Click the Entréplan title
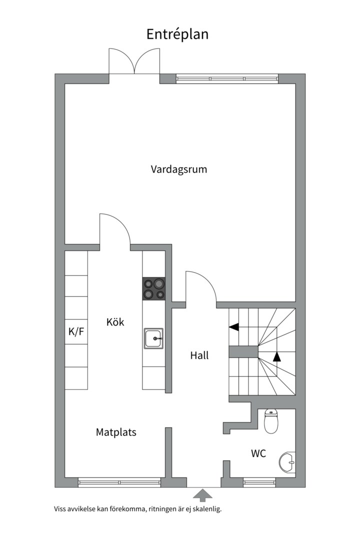pyautogui.click(x=177, y=34)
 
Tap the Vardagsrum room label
pyautogui.click(x=179, y=169)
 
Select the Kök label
pyautogui.click(x=115, y=322)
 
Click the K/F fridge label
pyautogui.click(x=76, y=331)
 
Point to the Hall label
pyautogui.click(x=199, y=356)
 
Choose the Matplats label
pyautogui.click(x=116, y=432)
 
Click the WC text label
pyautogui.click(x=258, y=454)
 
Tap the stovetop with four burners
pyautogui.click(x=153, y=288)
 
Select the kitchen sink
pyautogui.click(x=153, y=338)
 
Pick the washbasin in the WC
pyautogui.click(x=288, y=462)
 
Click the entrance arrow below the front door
pyautogui.click(x=202, y=495)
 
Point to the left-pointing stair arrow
pyautogui.click(x=234, y=327)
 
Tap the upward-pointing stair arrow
pyautogui.click(x=277, y=356)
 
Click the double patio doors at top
pyautogui.click(x=134, y=62)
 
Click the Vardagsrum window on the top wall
pyautogui.click(x=227, y=78)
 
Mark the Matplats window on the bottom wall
pyautogui.click(x=119, y=482)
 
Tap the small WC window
pyautogui.click(x=259, y=482)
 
